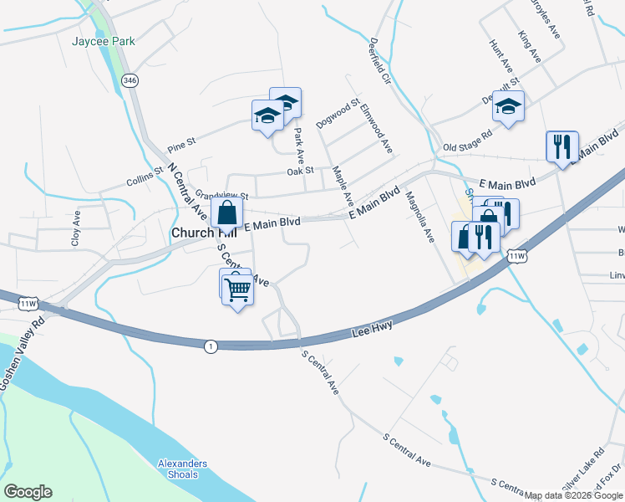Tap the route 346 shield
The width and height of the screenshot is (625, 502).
[129, 80]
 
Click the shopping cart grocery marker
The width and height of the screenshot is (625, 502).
[238, 290]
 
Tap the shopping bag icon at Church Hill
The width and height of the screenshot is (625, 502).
[226, 214]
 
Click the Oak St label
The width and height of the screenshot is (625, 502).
[299, 171]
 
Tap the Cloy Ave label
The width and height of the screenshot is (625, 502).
[77, 228]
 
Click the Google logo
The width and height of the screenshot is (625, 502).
[28, 492]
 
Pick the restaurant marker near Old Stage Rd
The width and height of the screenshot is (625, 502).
[561, 147]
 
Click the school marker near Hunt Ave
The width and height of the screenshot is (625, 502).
[507, 106]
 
